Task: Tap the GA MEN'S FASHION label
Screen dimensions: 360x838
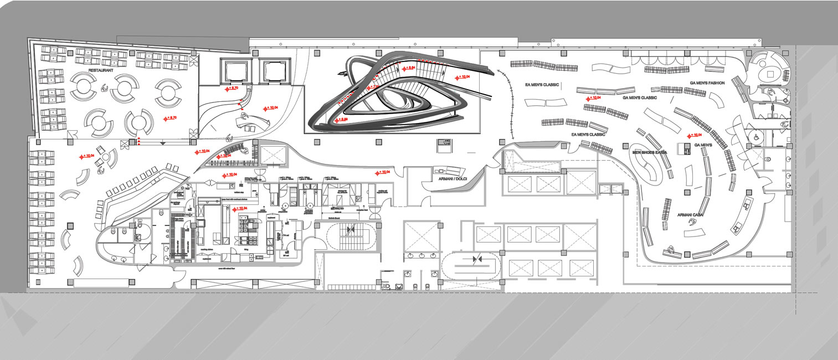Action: (x=707, y=83)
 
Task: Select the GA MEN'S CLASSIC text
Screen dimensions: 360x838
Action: (x=640, y=97)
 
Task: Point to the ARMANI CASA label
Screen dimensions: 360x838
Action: (x=691, y=214)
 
